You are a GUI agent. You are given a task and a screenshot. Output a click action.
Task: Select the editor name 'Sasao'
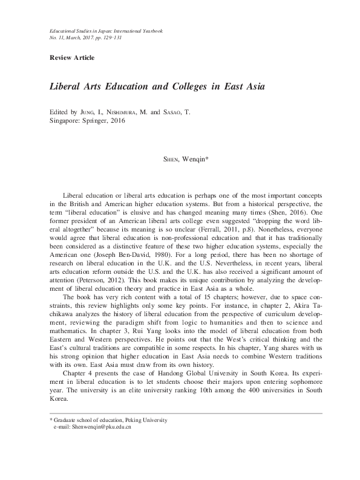(175, 113)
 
